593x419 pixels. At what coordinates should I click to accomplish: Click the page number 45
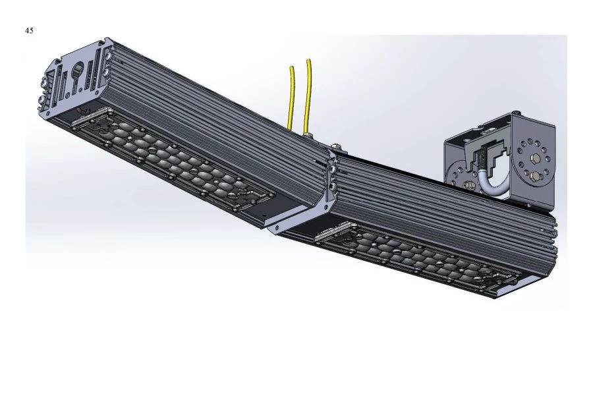(29, 31)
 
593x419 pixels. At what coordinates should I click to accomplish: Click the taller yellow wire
(307, 92)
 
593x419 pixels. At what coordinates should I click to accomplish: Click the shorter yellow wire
(291, 99)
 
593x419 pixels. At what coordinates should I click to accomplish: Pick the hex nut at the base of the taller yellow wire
(308, 136)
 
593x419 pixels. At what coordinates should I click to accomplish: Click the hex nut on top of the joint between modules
(335, 146)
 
